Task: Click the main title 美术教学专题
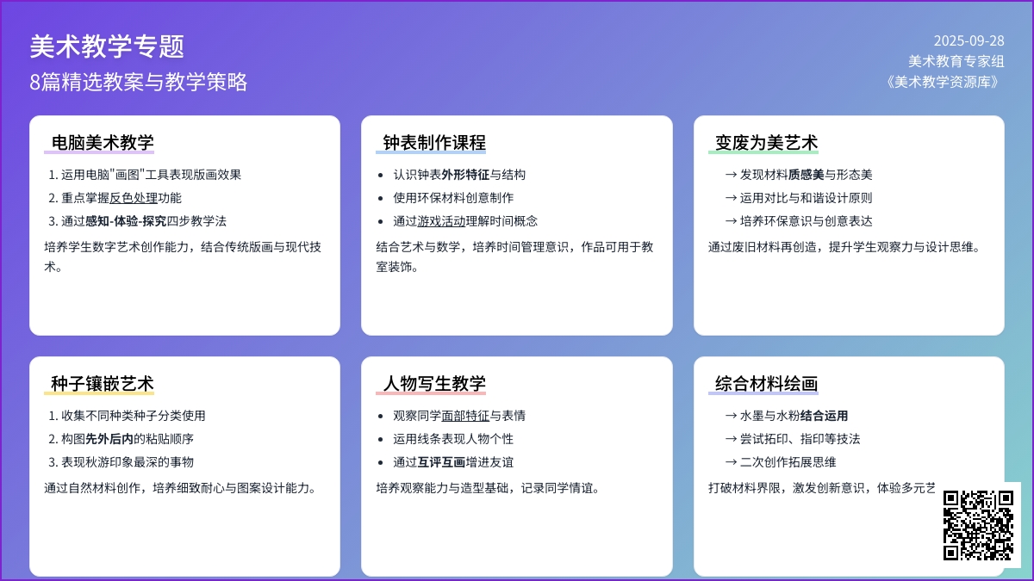point(107,46)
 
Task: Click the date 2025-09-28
point(969,41)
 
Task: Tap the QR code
point(978,526)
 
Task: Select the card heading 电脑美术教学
point(103,143)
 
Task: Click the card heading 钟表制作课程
point(434,143)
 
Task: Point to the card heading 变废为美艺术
point(766,143)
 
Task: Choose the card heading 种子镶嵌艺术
point(103,384)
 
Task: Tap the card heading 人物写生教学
point(434,384)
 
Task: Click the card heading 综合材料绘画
point(766,384)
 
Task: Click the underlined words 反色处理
point(134,198)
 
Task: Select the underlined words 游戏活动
point(441,221)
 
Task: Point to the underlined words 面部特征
point(465,416)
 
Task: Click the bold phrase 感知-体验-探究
point(126,221)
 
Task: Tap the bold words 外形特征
point(465,175)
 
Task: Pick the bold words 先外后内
point(109,439)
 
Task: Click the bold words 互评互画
point(441,462)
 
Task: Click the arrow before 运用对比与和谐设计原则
point(731,198)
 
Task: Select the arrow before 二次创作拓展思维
point(731,462)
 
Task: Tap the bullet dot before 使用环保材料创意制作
point(380,199)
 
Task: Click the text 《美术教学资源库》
point(943,82)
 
